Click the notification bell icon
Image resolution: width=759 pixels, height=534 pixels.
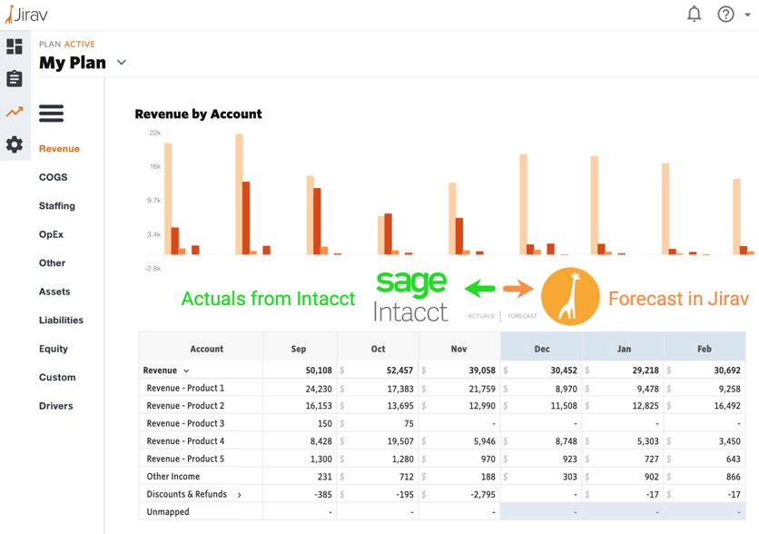pyautogui.click(x=694, y=14)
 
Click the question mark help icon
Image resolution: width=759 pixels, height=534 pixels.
pyautogui.click(x=725, y=14)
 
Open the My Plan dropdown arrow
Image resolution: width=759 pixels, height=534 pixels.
pyautogui.click(x=122, y=63)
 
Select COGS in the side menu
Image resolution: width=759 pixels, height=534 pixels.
pyautogui.click(x=53, y=177)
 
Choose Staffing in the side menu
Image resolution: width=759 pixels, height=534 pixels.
pyautogui.click(x=56, y=206)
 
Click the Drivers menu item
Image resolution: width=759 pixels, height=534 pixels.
pyautogui.click(x=55, y=406)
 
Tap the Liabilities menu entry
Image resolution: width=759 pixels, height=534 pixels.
pyautogui.click(x=61, y=321)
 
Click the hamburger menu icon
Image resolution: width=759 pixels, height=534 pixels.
pyautogui.click(x=51, y=114)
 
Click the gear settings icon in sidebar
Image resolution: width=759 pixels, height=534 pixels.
pyautogui.click(x=15, y=144)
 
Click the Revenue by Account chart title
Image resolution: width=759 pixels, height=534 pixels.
pyautogui.click(x=198, y=114)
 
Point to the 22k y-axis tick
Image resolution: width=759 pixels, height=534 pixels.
pyautogui.click(x=154, y=133)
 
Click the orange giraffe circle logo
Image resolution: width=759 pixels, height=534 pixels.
pyautogui.click(x=570, y=297)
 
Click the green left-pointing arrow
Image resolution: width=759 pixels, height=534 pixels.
pyautogui.click(x=480, y=289)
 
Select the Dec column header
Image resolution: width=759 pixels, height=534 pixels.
pyautogui.click(x=541, y=349)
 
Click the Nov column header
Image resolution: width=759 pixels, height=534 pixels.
pyautogui.click(x=458, y=349)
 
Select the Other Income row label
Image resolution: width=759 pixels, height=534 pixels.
pyautogui.click(x=172, y=477)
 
